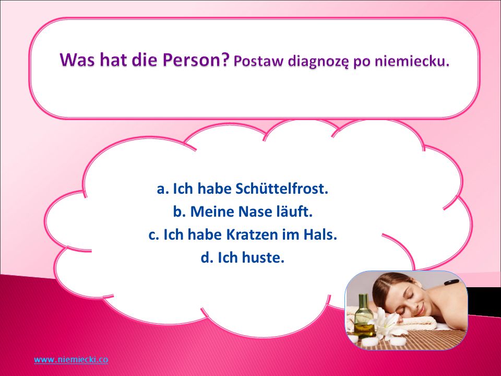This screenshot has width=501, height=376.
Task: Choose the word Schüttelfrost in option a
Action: (x=282, y=189)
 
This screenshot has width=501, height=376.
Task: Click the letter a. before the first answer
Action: (x=163, y=189)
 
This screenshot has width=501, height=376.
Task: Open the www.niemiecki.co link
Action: (x=71, y=359)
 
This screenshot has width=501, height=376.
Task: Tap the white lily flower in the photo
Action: (x=385, y=323)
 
